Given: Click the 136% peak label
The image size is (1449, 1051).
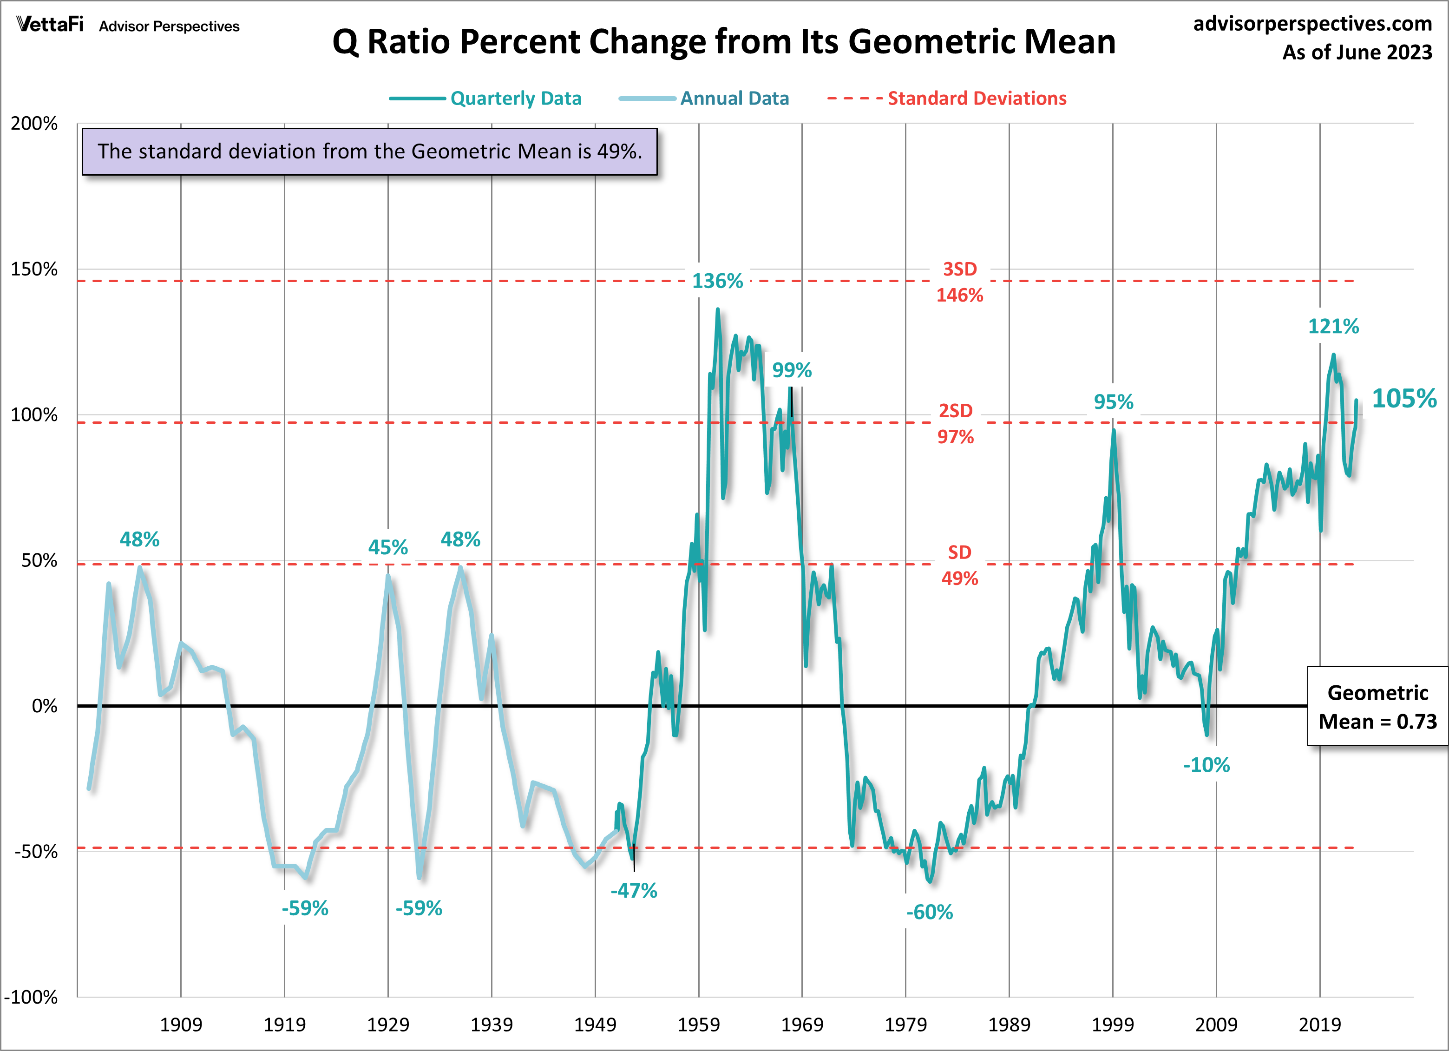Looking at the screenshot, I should (x=717, y=281).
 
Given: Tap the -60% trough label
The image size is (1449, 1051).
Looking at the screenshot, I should (x=929, y=913).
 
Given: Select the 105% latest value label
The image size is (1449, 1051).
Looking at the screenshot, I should (x=1403, y=399).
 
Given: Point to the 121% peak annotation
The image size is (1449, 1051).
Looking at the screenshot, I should (x=1333, y=327).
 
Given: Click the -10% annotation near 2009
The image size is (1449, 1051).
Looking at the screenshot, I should (x=1206, y=765).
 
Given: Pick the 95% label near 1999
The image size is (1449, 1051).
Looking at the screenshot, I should (x=1113, y=402).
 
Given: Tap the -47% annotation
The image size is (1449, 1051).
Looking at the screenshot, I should (x=633, y=891).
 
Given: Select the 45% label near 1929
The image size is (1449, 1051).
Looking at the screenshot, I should (x=388, y=547).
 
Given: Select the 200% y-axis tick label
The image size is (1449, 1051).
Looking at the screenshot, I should (x=34, y=123).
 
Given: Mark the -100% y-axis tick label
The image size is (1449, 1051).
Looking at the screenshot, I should (x=31, y=997).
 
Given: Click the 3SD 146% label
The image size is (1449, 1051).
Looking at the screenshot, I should (x=960, y=282).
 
